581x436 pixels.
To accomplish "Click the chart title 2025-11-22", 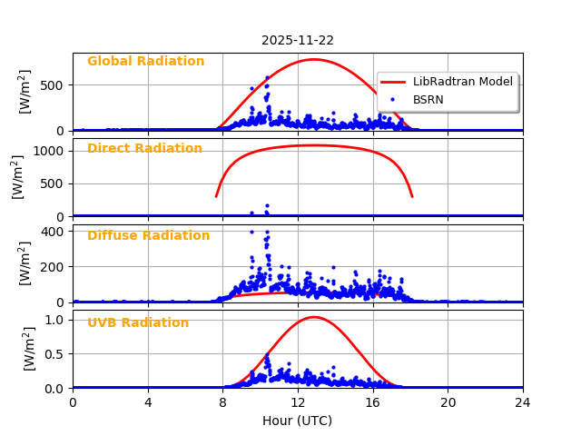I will pos(298,40).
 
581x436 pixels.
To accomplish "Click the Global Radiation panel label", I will pos(145,62).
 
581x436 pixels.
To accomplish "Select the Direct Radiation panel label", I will pos(144,149).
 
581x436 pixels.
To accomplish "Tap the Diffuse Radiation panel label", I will pos(148,236).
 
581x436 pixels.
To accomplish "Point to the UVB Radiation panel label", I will pos(138,323).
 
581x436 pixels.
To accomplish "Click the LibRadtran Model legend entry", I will pos(462,82).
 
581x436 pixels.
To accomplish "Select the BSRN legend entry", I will pos(428,99).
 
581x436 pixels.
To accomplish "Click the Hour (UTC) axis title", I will pos(298,421).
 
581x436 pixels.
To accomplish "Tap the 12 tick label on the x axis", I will pos(298,402).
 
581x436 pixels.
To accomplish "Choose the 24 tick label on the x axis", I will pos(523,402).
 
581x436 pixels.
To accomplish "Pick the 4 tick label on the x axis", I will pos(148,402).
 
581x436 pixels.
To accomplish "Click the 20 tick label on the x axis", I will pos(448,402).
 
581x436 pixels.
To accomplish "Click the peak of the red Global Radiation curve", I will pos(313,59).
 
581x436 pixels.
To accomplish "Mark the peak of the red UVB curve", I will pos(313,317).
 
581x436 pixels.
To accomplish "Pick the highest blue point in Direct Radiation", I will pos(267,206).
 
